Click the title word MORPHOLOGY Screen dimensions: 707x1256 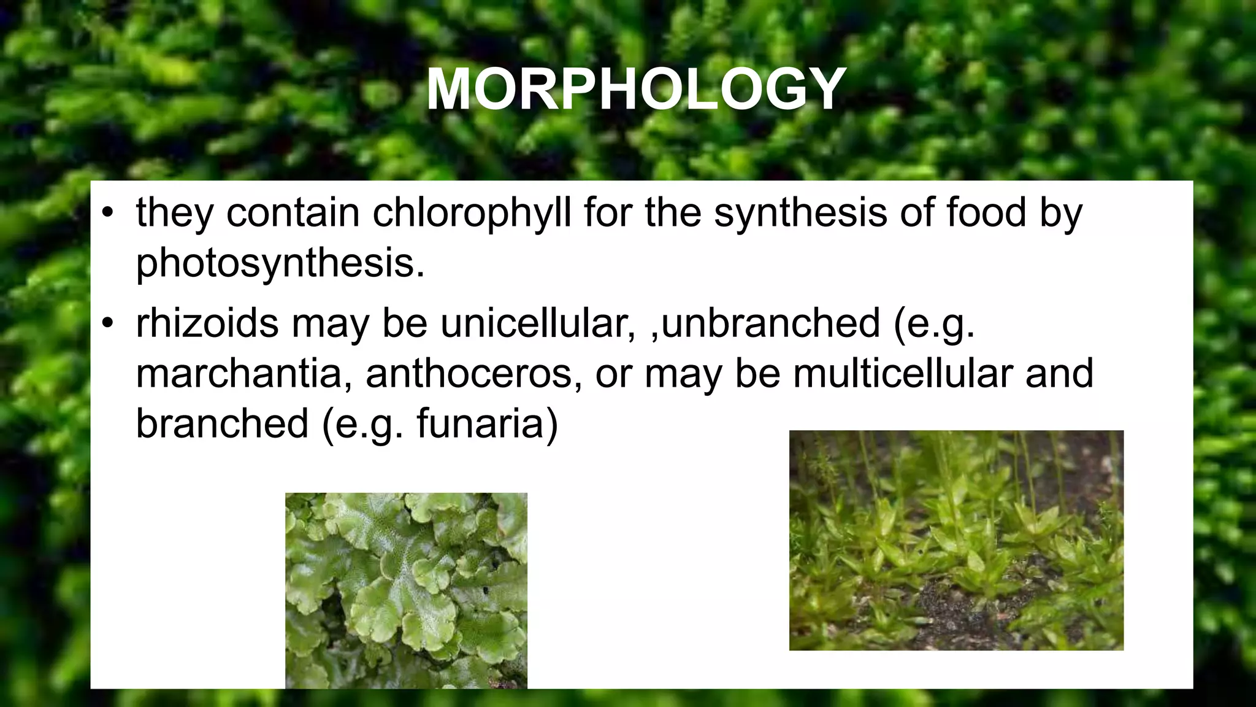click(x=635, y=90)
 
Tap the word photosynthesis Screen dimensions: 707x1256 click(x=280, y=263)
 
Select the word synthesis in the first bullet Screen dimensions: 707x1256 click(x=800, y=213)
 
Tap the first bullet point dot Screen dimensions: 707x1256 click(x=109, y=214)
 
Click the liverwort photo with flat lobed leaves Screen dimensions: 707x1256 click(x=406, y=590)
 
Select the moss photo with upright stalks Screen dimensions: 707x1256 click(x=956, y=540)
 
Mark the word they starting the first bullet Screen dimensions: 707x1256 click(x=175, y=213)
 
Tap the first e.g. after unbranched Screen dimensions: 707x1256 click(x=934, y=325)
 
